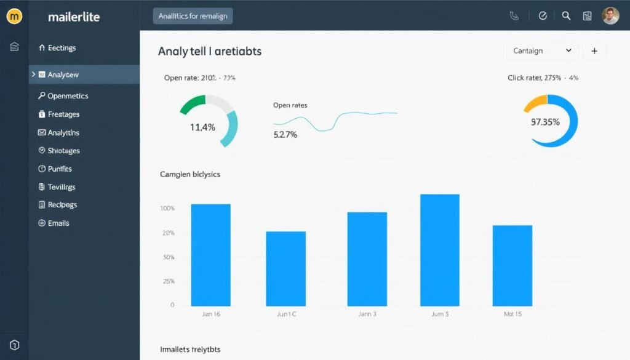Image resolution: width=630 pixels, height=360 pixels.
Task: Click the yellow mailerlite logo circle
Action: (14, 17)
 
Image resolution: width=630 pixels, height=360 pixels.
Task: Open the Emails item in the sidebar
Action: (58, 223)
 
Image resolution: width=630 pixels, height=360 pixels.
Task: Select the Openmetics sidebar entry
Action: (67, 96)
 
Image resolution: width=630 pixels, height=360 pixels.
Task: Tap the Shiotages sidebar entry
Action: (63, 151)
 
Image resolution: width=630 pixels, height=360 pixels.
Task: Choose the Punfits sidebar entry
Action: (59, 169)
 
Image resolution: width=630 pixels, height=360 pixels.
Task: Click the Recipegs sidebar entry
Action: (62, 205)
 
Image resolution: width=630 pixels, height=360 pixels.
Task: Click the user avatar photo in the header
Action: (610, 16)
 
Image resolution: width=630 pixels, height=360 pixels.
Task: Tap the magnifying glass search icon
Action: (567, 16)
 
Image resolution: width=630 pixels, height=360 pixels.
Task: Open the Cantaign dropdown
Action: (541, 51)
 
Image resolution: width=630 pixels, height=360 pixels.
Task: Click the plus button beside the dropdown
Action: (594, 51)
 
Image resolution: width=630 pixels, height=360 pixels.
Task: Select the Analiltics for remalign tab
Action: (193, 17)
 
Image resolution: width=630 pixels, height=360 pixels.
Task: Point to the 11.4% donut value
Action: (202, 127)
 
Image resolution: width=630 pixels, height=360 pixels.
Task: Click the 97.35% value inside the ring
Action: (545, 122)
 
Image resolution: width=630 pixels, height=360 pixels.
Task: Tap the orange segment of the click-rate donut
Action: (535, 102)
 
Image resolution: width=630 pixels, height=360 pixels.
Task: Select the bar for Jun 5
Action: (439, 250)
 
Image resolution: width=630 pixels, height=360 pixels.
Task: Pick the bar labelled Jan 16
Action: (210, 255)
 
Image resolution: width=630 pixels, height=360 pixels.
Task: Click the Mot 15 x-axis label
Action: (512, 314)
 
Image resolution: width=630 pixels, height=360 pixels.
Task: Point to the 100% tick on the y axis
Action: (167, 209)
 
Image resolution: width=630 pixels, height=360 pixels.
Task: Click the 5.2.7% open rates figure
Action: (285, 134)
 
